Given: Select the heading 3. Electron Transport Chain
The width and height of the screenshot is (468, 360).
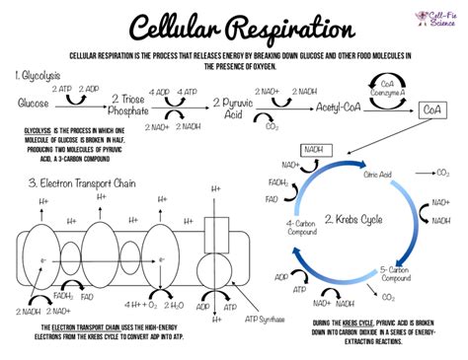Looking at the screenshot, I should coord(81,183).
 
